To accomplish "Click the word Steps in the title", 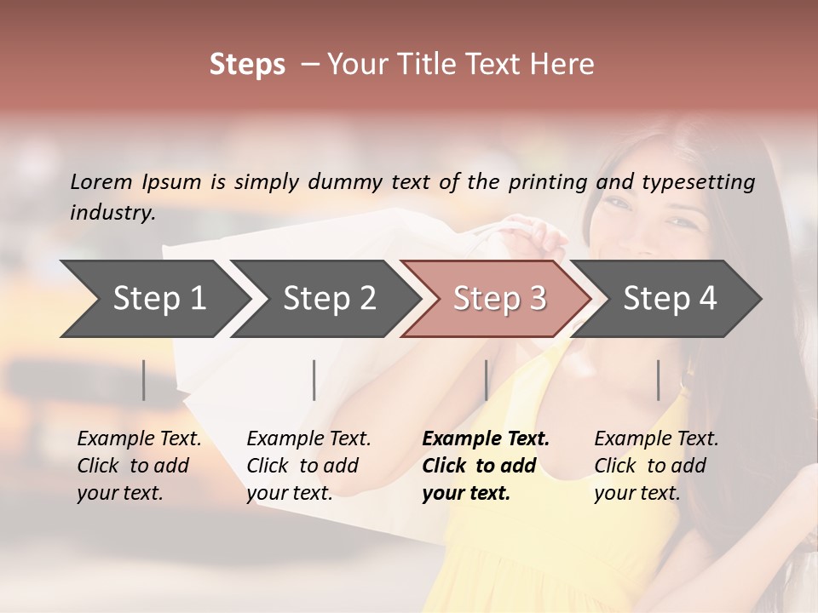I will click(247, 65).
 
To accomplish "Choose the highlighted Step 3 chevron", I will click(498, 299).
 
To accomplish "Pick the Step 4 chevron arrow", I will click(669, 299).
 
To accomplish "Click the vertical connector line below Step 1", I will click(144, 380).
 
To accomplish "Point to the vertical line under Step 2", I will click(314, 380).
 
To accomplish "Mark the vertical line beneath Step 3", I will click(486, 380).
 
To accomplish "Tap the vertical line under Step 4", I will click(658, 380).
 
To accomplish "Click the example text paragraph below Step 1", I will click(139, 466).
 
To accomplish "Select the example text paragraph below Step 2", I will click(308, 466).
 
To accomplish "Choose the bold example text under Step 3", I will click(486, 466).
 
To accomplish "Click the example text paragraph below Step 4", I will click(656, 466).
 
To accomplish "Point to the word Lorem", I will click(101, 181).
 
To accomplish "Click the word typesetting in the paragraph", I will click(698, 182).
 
